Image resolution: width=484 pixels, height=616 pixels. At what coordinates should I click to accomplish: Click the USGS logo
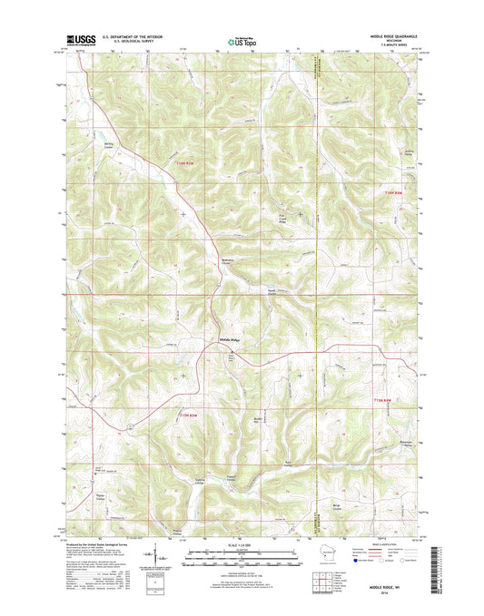pyautogui.click(x=79, y=40)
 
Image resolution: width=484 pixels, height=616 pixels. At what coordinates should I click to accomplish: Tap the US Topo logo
pyautogui.click(x=240, y=40)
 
